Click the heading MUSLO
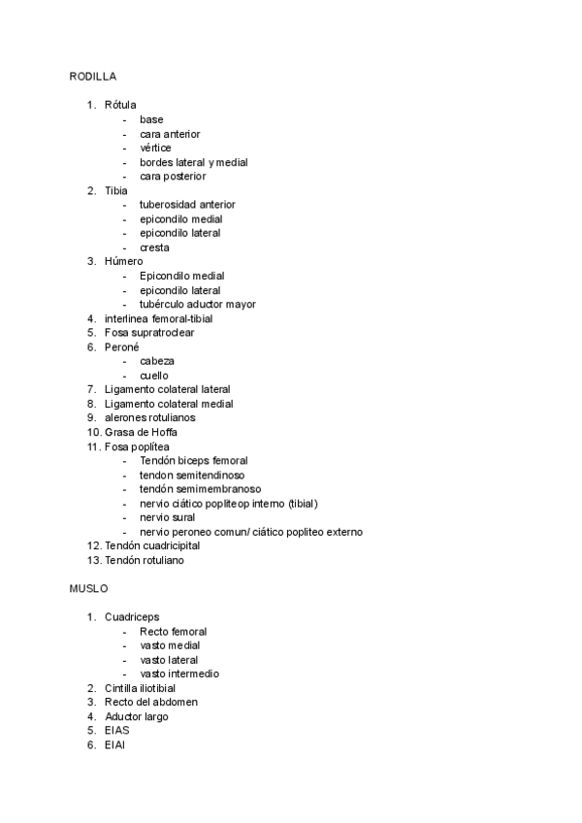88,588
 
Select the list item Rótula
120,105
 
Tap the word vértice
155,148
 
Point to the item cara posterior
173,177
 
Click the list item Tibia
116,190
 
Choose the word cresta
154,247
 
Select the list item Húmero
123,261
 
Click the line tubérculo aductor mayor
198,304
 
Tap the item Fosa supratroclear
149,333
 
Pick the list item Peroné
122,346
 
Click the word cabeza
157,361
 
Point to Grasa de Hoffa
141,432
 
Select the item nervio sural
168,517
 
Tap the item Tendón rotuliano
144,560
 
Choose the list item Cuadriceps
132,617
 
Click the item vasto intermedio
179,674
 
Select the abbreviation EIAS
117,731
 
